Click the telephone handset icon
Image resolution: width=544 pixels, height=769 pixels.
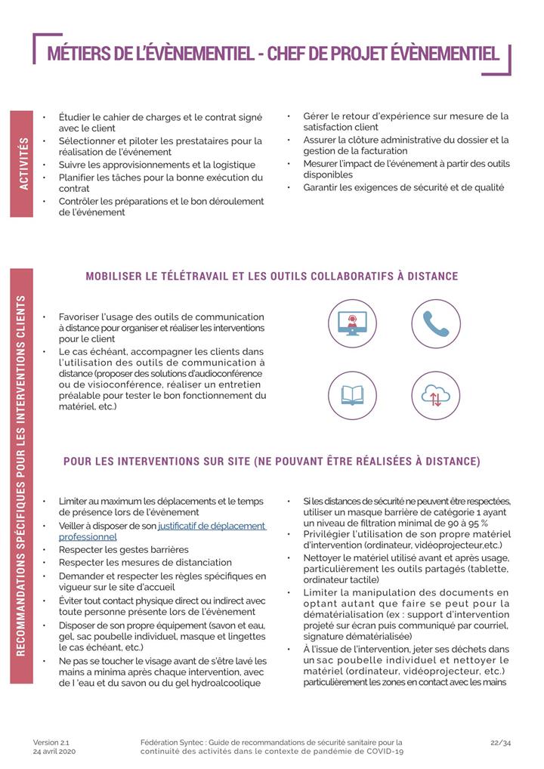tap(436, 323)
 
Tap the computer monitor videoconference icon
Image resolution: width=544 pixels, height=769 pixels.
tap(352, 323)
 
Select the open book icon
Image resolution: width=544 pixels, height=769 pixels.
tap(352, 395)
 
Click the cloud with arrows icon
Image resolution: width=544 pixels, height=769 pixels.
tap(436, 395)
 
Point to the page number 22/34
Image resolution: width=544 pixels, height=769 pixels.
tap(500, 742)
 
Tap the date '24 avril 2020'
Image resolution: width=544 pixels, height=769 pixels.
tap(54, 752)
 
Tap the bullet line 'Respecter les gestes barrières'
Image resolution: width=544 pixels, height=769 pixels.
tap(124, 549)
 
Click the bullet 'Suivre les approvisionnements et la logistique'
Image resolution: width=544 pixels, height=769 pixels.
tap(157, 165)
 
